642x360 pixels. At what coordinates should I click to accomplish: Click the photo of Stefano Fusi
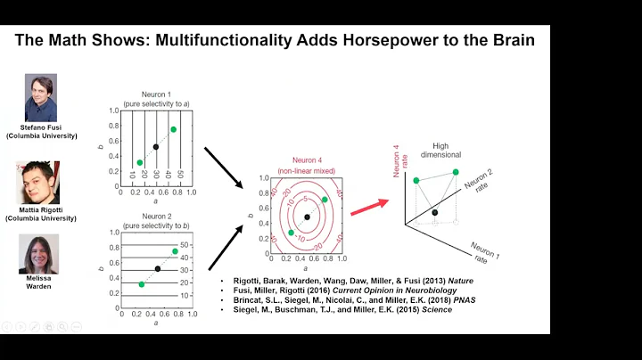click(40, 97)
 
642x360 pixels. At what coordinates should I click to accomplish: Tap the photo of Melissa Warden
click(39, 254)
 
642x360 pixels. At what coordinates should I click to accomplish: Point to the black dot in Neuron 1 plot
click(156, 147)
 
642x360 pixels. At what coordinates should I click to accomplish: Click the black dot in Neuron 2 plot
click(158, 268)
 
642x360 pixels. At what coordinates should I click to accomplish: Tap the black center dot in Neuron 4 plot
click(307, 217)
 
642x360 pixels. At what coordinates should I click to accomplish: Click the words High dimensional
click(440, 151)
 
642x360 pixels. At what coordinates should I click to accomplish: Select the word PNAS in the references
click(462, 300)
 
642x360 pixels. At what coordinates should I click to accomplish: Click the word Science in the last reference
click(437, 310)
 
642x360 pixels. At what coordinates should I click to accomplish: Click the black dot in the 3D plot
click(434, 212)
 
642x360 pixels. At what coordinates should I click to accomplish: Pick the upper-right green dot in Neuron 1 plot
click(173, 130)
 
